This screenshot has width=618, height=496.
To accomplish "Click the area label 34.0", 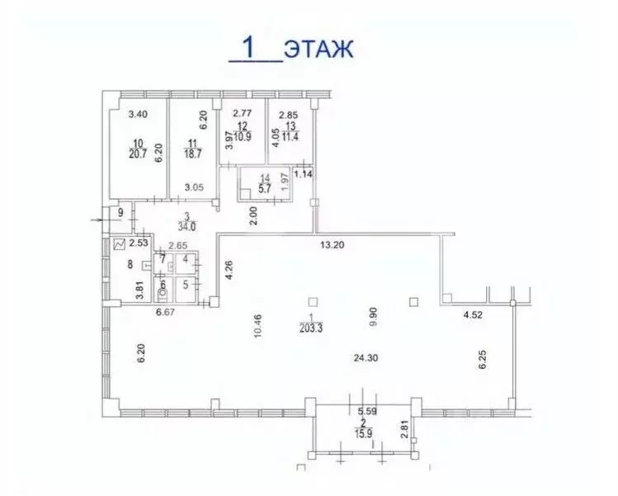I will pyautogui.click(x=172, y=229).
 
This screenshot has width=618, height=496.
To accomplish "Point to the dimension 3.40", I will pyautogui.click(x=139, y=115).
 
